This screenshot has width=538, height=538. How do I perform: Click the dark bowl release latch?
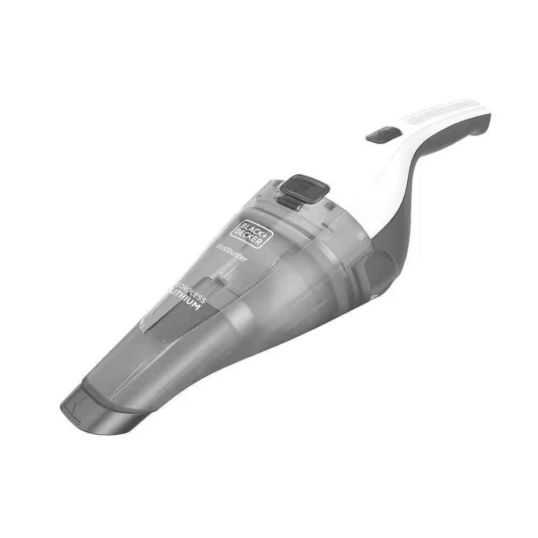click(x=305, y=188)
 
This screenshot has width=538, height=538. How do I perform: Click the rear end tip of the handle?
click(x=487, y=116)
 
